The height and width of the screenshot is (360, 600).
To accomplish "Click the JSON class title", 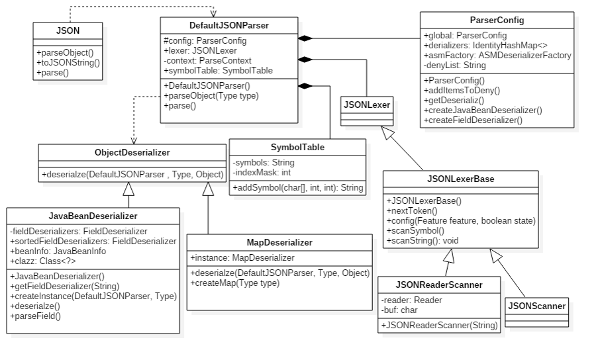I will coord(68,30).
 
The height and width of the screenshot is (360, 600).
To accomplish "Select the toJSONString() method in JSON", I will coord(68,63).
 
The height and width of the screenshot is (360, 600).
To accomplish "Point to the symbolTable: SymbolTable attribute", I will coord(218,70).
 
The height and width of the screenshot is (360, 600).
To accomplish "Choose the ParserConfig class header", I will coord(497,20).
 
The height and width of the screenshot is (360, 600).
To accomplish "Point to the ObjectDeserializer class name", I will coord(132,152).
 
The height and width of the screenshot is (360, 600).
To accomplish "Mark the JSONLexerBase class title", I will coord(461,179).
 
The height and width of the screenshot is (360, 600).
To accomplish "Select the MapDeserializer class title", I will coord(279,242).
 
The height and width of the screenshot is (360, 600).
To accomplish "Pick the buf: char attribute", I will coord(401,310).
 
